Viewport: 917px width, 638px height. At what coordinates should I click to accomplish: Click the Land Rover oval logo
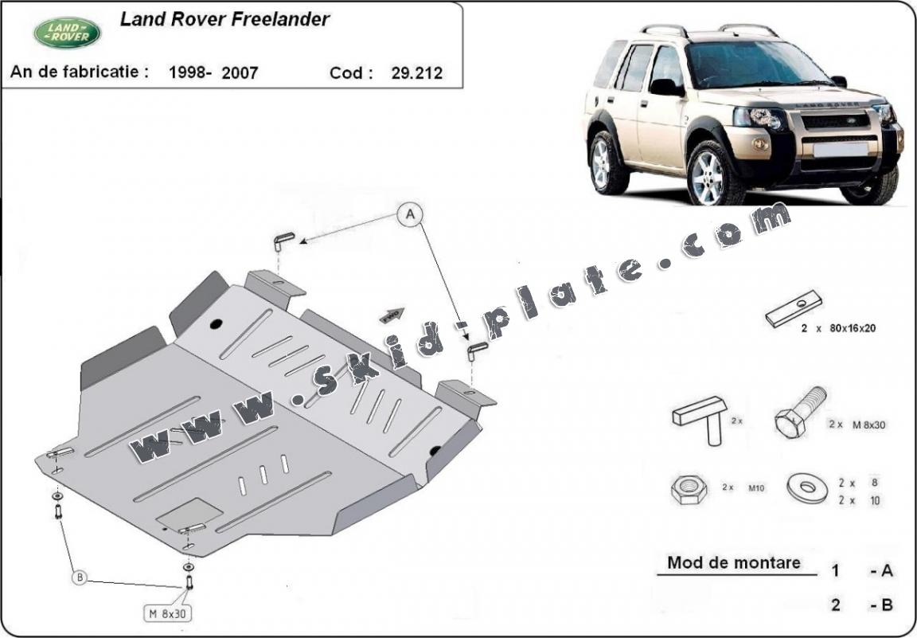coord(67,33)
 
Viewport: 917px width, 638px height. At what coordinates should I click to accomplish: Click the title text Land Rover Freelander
coord(224,20)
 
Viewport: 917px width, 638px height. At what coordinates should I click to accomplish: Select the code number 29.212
coord(416,73)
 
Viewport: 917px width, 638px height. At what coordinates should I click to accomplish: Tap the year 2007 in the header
coord(240,73)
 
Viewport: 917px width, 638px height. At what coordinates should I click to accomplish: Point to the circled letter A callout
coord(411,213)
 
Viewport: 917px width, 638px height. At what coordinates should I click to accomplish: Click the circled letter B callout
coord(80,577)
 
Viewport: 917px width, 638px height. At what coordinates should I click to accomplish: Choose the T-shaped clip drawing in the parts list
coord(700,418)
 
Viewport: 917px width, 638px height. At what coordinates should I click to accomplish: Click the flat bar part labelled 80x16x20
coord(793,308)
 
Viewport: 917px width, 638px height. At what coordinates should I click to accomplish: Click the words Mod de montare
coord(733,562)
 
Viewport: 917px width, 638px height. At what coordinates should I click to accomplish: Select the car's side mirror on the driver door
coord(665,87)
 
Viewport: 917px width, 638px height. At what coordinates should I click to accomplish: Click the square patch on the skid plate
coord(189,515)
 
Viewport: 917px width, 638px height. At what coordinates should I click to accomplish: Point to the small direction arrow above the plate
coord(392,315)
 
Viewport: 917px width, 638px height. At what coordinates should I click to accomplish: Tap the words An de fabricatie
coord(79,72)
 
